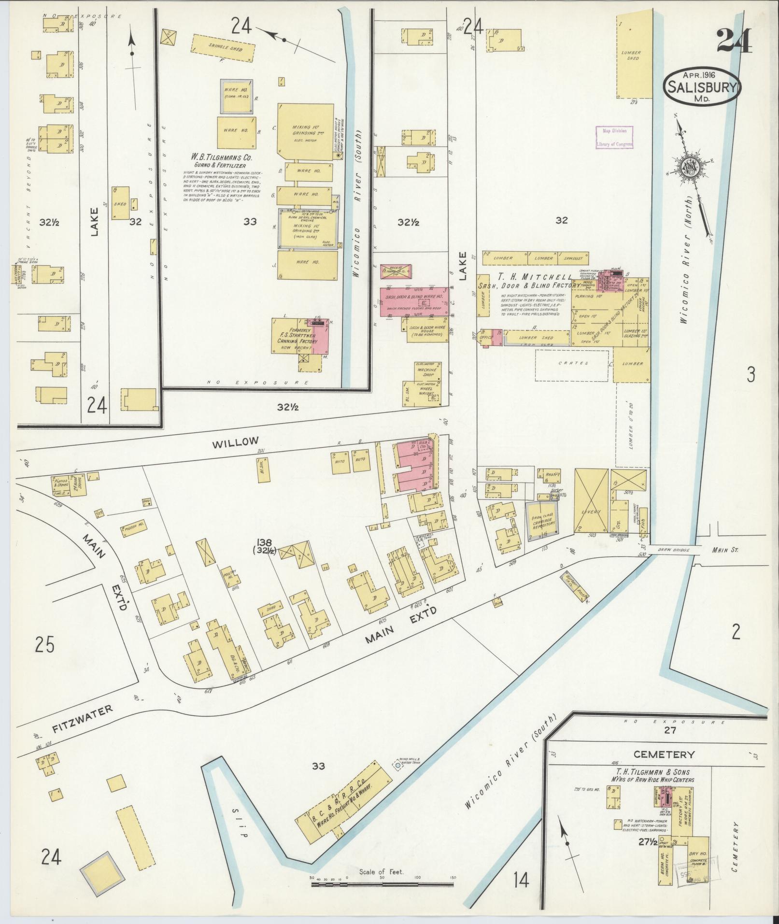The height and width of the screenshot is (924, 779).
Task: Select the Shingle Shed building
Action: [225, 47]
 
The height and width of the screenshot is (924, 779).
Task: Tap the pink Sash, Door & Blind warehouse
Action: [414, 302]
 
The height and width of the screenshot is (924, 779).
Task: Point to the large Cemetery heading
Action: [664, 754]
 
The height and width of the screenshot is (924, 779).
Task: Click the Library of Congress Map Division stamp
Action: [614, 137]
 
